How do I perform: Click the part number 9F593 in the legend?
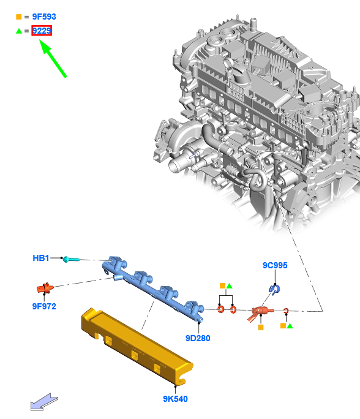click(44, 17)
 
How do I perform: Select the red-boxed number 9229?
click(42, 31)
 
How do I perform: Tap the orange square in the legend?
click(19, 17)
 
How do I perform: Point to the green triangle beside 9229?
click(19, 31)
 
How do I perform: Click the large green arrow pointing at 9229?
click(53, 59)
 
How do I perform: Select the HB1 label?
click(41, 258)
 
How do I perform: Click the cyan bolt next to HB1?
click(71, 259)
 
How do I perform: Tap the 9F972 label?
click(44, 306)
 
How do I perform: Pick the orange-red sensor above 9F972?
click(45, 288)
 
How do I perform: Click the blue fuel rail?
click(153, 290)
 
